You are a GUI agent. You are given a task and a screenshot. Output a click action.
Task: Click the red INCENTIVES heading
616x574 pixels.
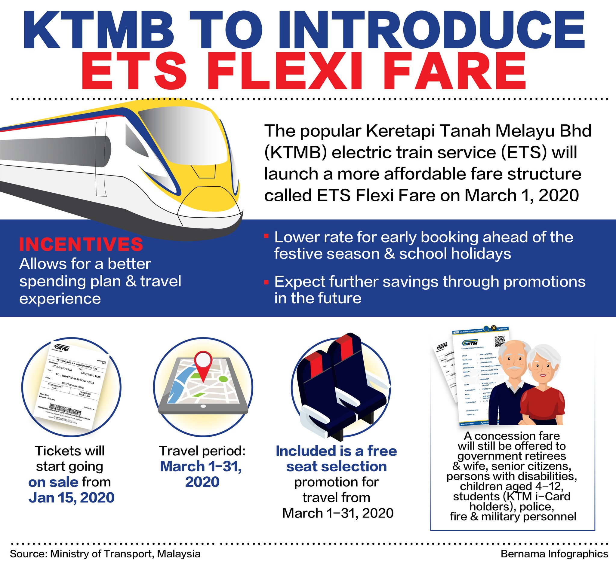click(81, 245)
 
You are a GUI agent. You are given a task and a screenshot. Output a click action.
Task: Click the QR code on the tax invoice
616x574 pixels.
click(500, 341)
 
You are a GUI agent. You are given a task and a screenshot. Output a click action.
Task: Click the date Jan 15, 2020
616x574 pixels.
click(71, 498)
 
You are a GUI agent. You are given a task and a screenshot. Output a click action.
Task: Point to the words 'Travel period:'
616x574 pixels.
click(202, 451)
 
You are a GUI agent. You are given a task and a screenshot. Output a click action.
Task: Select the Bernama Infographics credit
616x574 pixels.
click(554, 554)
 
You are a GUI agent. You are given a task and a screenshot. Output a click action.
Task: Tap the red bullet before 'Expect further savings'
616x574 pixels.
click(266, 282)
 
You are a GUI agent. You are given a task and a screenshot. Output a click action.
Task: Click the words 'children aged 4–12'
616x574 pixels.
click(511, 486)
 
